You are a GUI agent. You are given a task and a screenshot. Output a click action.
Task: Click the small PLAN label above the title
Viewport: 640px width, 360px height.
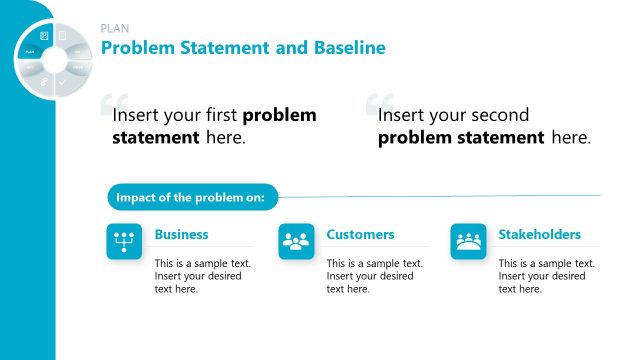pyautogui.click(x=115, y=28)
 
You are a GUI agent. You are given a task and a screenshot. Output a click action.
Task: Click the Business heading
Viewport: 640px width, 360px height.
pyautogui.click(x=181, y=235)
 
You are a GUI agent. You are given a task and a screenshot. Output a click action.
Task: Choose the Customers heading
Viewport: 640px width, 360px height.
pyautogui.click(x=360, y=235)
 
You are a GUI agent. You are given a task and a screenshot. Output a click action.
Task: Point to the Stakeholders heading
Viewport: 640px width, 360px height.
pyautogui.click(x=539, y=235)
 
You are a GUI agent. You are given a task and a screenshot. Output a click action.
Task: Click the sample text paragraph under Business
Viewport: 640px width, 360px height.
pyautogui.click(x=202, y=276)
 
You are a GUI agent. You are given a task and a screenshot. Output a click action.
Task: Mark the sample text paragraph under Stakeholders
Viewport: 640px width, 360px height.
pyautogui.click(x=546, y=276)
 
